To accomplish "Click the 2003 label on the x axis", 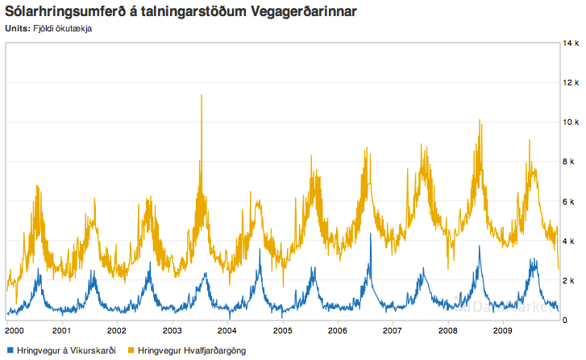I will [x=172, y=330].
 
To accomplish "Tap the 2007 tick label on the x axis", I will [x=393, y=330].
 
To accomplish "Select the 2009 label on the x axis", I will [x=503, y=330].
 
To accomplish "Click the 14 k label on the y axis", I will [x=571, y=43].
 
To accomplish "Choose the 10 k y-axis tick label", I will [x=571, y=122].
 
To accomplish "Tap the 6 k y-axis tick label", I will [x=569, y=201].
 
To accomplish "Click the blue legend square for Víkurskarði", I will [x=10, y=350].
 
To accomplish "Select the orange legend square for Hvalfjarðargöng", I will [x=131, y=350].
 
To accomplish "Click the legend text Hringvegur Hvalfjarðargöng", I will [x=192, y=350].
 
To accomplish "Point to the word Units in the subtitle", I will [x=17, y=30].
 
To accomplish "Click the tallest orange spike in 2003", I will [x=201, y=96].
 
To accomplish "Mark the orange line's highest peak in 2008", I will [x=480, y=121].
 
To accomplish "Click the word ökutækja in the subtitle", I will [x=75, y=30].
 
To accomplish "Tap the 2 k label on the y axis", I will [x=569, y=281].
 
